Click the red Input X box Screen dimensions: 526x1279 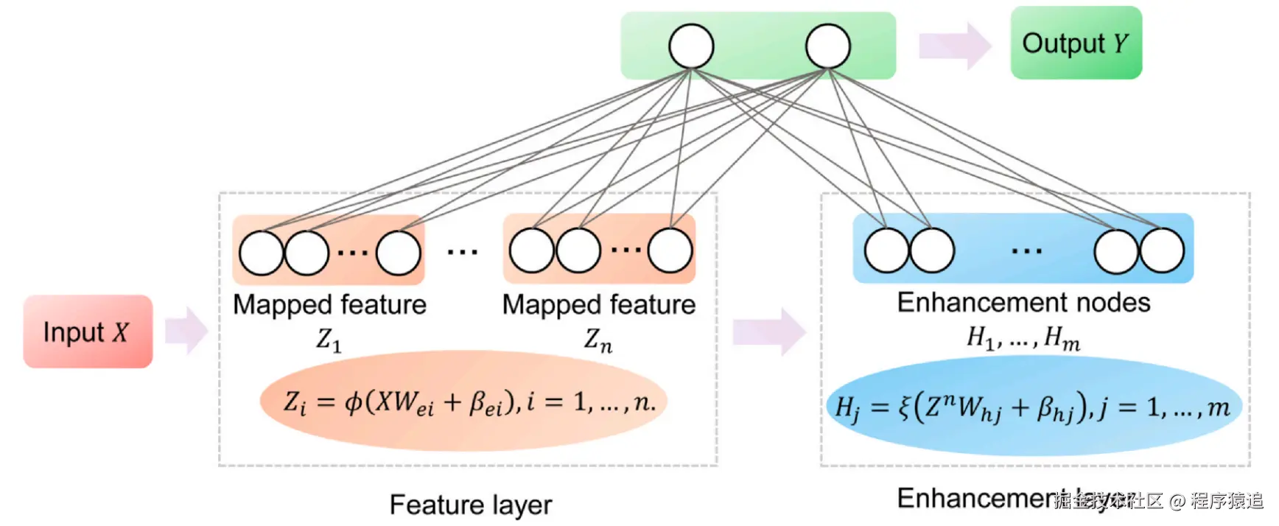88,332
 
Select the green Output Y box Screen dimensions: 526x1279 1076,43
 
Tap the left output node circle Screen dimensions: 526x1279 691,46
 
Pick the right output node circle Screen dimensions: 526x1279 828,46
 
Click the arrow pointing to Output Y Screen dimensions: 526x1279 955,46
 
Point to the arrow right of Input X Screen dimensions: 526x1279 186,331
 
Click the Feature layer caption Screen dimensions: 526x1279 471,505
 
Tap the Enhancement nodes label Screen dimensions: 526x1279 1023,303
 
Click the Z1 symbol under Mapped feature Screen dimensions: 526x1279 329,340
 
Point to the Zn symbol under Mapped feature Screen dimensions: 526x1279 598,340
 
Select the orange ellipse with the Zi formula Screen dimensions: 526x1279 463,401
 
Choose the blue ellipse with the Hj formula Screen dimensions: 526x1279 1034,407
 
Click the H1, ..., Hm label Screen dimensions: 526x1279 1023,338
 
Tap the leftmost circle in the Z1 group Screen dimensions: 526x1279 262,253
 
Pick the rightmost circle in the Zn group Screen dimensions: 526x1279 670,250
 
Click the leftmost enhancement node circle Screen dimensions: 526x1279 886,250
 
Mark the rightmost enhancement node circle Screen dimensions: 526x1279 1162,250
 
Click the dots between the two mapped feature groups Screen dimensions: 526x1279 463,252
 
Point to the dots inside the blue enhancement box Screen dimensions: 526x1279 1026,251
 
